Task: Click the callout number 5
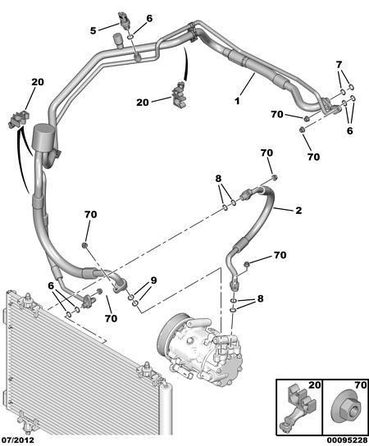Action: coord(93,30)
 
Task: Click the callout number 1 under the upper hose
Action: coord(237,101)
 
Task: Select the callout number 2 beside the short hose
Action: coord(298,211)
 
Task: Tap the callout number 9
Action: coord(153,280)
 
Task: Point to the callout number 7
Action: coord(339,65)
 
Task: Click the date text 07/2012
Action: coord(17,440)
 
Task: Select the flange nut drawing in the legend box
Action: coord(344,413)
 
